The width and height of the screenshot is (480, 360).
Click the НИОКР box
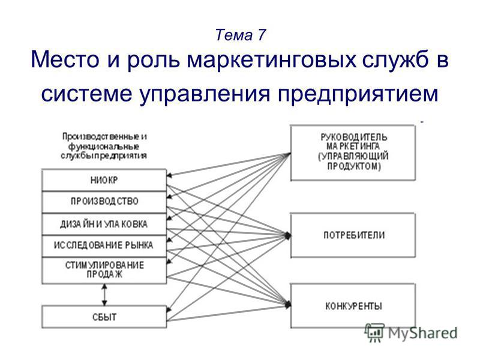tap(104, 180)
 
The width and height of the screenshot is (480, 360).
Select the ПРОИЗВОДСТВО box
tap(104, 202)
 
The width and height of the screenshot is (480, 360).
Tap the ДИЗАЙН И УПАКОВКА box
tap(104, 224)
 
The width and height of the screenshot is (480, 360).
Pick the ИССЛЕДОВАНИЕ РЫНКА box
tap(104, 246)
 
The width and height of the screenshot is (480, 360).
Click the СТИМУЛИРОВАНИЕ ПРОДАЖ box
tap(104, 271)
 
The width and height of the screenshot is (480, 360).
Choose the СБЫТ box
tap(104, 317)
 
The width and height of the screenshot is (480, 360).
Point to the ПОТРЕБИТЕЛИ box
tap(353, 235)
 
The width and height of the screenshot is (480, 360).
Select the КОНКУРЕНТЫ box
tap(353, 306)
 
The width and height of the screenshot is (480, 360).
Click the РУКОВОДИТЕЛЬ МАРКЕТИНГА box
tap(353, 152)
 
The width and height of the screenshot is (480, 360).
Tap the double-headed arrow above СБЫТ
tap(104, 295)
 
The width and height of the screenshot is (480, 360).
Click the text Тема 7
tap(240, 35)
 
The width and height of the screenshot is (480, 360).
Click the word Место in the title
tap(65, 59)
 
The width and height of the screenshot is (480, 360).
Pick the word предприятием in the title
tap(358, 94)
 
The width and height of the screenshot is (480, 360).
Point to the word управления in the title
tap(205, 94)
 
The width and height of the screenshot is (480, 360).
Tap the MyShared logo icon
tap(374, 332)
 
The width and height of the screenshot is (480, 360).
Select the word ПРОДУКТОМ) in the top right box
tap(354, 166)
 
